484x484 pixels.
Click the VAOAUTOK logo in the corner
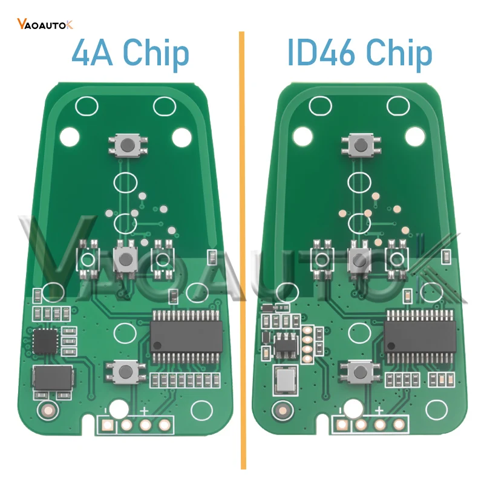pyautogui.click(x=45, y=24)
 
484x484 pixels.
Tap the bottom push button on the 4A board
pyautogui.click(x=125, y=370)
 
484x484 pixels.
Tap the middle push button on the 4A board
pyautogui.click(x=125, y=259)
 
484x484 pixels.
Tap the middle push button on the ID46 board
pyautogui.click(x=360, y=259)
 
